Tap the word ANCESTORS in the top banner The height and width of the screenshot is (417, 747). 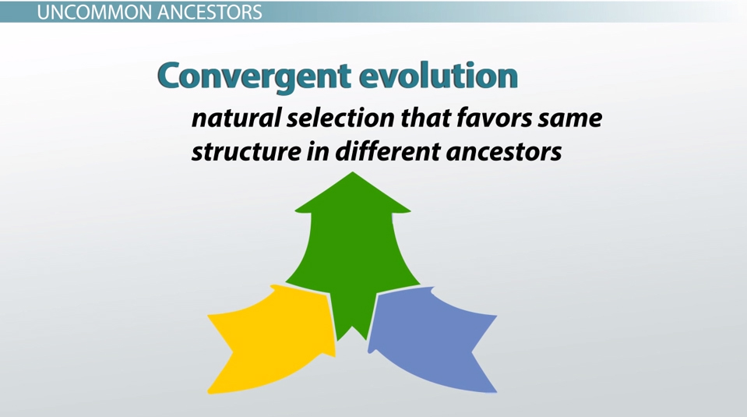[x=210, y=12]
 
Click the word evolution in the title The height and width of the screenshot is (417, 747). [x=432, y=76]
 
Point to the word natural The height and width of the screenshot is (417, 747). [x=235, y=118]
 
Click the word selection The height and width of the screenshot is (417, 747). [x=340, y=118]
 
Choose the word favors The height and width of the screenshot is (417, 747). [x=494, y=118]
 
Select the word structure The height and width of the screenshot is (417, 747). [x=246, y=151]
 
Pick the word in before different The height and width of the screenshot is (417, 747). [x=318, y=151]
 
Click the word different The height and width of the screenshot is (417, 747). [x=387, y=151]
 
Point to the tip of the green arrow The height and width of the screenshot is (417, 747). [x=353, y=172]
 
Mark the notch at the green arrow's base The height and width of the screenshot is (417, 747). [x=353, y=327]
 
